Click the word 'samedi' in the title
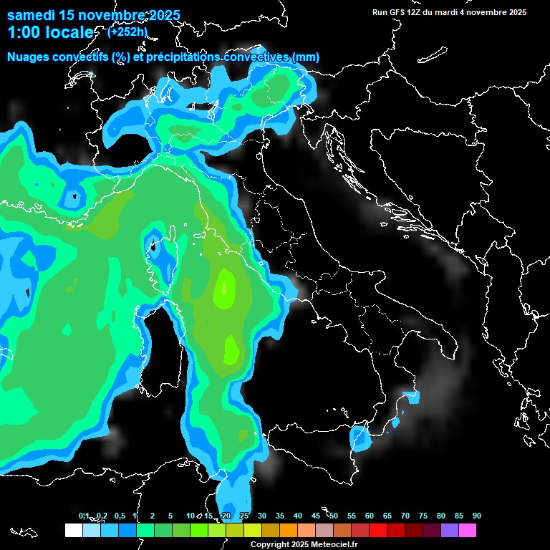(29, 15)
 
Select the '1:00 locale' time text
(50, 32)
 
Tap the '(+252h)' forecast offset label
(127, 32)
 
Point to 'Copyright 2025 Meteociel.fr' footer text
(304, 544)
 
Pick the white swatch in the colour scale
(73, 530)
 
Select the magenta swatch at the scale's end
(468, 530)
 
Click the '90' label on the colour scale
(477, 516)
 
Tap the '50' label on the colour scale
(334, 516)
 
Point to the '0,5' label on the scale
(119, 516)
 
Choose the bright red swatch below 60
(378, 530)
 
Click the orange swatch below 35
(289, 530)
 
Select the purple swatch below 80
(450, 530)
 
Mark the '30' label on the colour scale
(262, 516)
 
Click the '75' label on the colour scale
(423, 516)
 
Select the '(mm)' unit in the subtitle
(306, 57)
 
